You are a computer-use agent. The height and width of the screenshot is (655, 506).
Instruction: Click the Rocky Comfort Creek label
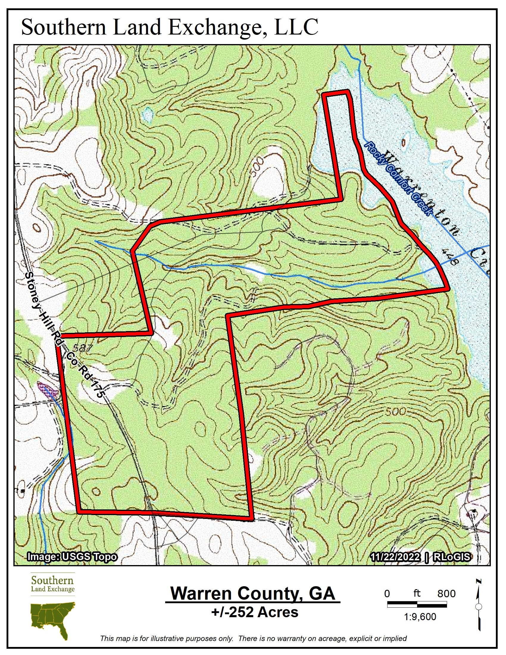399,179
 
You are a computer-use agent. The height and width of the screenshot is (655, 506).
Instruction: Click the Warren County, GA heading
252,593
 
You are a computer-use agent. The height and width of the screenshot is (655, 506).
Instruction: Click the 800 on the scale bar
446,593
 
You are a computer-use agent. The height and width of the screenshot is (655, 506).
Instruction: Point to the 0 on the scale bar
387,593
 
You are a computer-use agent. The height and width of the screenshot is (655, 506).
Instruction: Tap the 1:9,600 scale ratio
420,617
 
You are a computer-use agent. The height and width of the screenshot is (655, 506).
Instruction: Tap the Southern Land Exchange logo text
53,583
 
